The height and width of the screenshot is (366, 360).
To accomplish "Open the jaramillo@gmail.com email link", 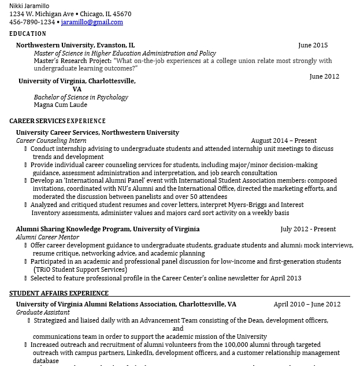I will [x=92, y=22].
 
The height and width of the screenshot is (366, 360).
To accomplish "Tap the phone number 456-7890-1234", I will [x=32, y=22].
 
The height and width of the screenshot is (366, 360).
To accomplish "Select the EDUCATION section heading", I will [x=28, y=34].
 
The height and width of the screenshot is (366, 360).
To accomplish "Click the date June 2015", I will [x=313, y=45].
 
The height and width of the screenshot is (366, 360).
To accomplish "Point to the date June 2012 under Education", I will [x=324, y=76].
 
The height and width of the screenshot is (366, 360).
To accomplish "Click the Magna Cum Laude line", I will [x=60, y=105].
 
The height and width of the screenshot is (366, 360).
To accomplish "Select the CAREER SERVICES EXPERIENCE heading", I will [x=57, y=121].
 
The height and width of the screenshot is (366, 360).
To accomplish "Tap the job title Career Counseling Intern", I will [x=51, y=141].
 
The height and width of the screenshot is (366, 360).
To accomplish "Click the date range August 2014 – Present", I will [x=284, y=141].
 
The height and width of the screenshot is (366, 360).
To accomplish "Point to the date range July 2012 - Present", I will [x=308, y=229].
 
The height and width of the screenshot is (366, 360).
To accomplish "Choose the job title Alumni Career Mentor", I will [x=47, y=237].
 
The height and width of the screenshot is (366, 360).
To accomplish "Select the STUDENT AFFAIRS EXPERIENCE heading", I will [x=59, y=293].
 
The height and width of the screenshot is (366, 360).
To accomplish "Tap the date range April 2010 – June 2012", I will [x=307, y=304].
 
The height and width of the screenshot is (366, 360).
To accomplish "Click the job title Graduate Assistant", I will [x=43, y=312].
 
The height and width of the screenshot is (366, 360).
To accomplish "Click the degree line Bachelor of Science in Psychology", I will [x=81, y=97].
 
